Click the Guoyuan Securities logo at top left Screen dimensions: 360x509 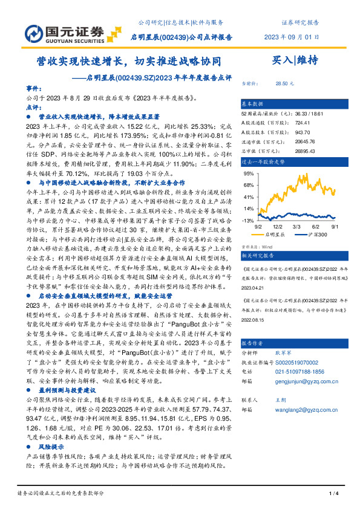coord(53,31)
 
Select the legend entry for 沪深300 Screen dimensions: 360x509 coord(312,232)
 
